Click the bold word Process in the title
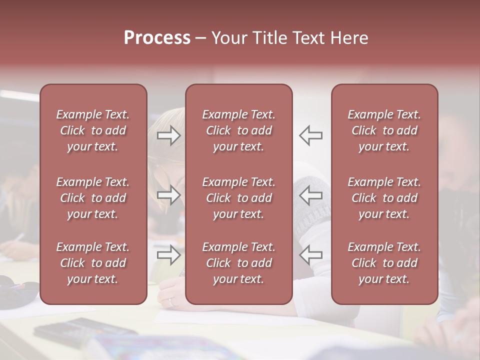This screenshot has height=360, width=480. (x=157, y=38)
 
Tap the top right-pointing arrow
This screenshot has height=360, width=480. (x=169, y=135)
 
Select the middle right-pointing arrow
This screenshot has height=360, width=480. (x=169, y=195)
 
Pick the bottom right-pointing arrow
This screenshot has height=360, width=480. (x=169, y=255)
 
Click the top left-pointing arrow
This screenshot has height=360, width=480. (x=311, y=135)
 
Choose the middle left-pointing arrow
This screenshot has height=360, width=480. (x=311, y=195)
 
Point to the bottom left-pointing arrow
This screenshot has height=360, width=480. (x=311, y=255)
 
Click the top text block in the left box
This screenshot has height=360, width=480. (x=93, y=130)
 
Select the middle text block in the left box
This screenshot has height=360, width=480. (x=93, y=198)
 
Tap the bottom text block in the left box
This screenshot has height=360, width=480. (x=93, y=263)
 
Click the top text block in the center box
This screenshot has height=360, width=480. (x=239, y=130)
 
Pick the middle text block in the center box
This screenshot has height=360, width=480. (x=239, y=198)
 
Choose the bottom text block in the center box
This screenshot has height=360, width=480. (x=239, y=263)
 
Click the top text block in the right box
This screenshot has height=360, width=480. (x=384, y=130)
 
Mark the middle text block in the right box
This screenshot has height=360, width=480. (x=384, y=198)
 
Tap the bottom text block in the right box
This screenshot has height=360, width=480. (x=384, y=263)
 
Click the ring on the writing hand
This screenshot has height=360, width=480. (x=171, y=301)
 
